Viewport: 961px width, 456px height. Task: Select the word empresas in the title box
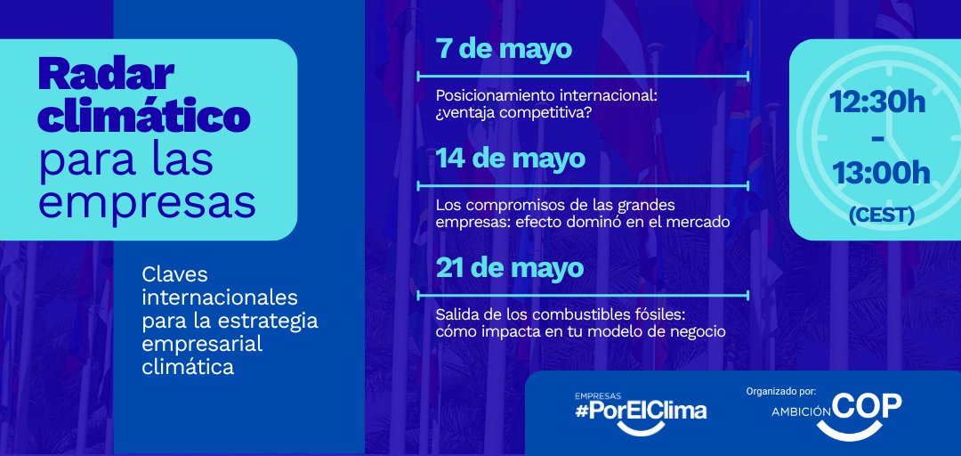coord(147,202)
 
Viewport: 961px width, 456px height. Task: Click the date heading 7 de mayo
coord(504,49)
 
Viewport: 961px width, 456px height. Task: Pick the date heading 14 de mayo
coord(511,159)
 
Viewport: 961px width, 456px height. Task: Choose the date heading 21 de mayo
coord(510,268)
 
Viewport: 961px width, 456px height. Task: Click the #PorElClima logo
coord(641,411)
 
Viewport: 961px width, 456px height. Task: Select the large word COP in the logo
coord(868,406)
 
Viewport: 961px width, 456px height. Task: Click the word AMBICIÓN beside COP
coord(801,412)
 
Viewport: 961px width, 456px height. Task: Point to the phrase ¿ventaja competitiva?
coord(513,113)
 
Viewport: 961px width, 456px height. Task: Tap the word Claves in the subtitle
coord(174,276)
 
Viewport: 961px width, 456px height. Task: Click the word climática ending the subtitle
coord(188,366)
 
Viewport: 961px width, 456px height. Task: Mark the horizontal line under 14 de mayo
coord(583,186)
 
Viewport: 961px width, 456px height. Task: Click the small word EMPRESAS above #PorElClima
coord(598,395)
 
